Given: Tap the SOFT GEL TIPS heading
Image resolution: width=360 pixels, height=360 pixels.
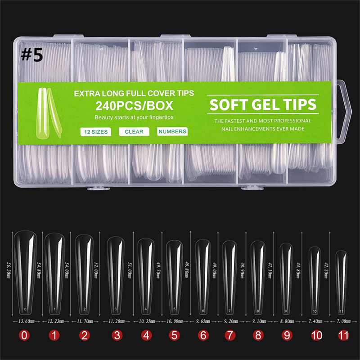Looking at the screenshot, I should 263,104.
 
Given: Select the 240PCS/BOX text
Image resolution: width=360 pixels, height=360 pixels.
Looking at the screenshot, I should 133,106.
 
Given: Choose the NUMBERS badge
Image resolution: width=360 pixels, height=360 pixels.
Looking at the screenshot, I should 172,132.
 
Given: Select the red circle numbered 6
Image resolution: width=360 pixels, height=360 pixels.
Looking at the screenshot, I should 202,335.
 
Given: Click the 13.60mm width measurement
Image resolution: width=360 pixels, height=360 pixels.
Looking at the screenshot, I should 26,322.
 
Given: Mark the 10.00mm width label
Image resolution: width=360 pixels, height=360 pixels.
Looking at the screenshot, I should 174,322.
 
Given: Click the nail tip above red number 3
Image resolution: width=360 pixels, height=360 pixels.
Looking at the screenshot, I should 116,274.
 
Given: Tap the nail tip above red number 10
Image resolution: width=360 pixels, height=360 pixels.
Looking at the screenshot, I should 315,279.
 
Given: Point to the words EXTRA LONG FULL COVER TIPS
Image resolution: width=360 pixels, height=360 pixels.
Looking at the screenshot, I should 134,94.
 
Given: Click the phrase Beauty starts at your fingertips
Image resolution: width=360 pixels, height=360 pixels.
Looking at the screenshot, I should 134,118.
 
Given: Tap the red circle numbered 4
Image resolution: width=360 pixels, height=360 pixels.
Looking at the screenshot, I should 145,335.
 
